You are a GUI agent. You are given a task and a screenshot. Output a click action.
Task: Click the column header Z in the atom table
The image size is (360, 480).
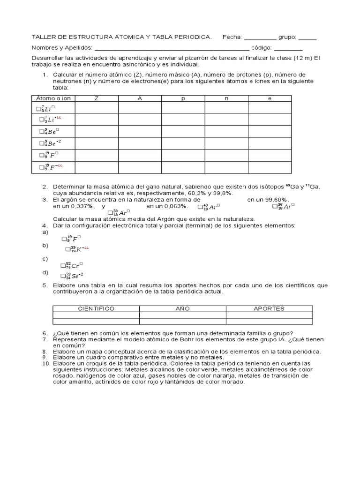[x=97, y=98]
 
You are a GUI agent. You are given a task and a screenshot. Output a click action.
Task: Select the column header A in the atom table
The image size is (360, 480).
[x=140, y=98]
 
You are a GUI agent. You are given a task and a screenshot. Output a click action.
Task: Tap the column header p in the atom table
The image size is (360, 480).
[x=183, y=98]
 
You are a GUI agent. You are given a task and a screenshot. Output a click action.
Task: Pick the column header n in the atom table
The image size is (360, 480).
[x=226, y=98]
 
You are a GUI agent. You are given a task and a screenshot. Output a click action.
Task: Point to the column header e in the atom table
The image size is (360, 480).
[x=270, y=98]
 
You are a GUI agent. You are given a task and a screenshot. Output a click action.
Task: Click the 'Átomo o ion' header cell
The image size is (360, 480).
[x=53, y=98]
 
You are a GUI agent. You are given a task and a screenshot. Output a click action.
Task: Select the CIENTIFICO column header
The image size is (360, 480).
[x=96, y=308]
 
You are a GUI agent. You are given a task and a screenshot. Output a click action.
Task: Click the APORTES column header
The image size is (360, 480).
[x=269, y=308]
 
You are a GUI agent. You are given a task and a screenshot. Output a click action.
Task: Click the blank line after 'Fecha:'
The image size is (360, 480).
[x=260, y=38]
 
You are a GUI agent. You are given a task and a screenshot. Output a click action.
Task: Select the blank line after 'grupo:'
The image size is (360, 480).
[x=307, y=38]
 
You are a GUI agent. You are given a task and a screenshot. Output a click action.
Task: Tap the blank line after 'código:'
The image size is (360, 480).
[x=288, y=48]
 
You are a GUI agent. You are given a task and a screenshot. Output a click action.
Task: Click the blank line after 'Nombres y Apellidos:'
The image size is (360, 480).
[x=172, y=48]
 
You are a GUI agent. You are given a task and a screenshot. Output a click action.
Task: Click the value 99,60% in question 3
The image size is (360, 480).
[x=274, y=200]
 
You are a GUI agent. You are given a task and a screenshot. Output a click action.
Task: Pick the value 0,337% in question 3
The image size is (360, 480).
[x=78, y=206]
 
